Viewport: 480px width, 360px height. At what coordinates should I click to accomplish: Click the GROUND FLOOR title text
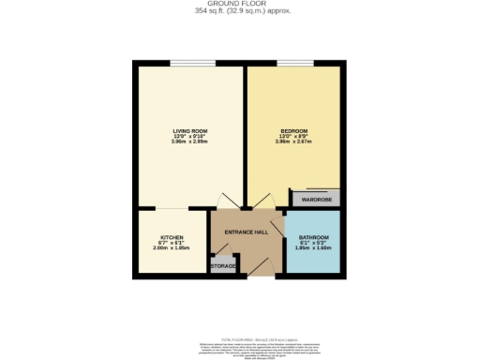pos(240,4)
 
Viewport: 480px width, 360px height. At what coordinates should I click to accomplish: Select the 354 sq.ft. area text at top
pos(240,11)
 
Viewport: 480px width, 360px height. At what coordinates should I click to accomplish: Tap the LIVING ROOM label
pos(189,130)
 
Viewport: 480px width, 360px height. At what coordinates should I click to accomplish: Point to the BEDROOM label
pos(293,130)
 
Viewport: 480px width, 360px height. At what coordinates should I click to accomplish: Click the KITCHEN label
pos(171,238)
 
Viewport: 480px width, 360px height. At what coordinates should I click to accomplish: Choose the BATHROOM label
pos(314,238)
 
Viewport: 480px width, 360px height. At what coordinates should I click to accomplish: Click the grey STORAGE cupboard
pos(222,265)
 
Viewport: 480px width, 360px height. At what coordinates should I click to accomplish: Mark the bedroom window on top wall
pos(293,64)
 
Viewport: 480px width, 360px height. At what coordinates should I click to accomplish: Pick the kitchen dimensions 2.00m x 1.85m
pos(171,249)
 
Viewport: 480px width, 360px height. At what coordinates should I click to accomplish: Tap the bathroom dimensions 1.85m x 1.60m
pos(314,249)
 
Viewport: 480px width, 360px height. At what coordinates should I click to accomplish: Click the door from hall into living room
pos(223,203)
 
